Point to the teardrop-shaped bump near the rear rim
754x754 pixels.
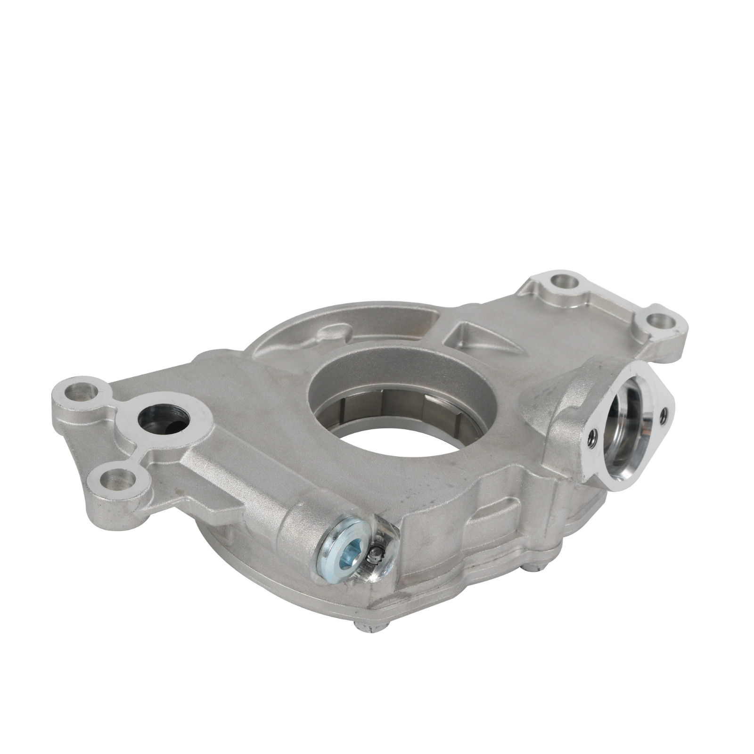coord(330,335)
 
